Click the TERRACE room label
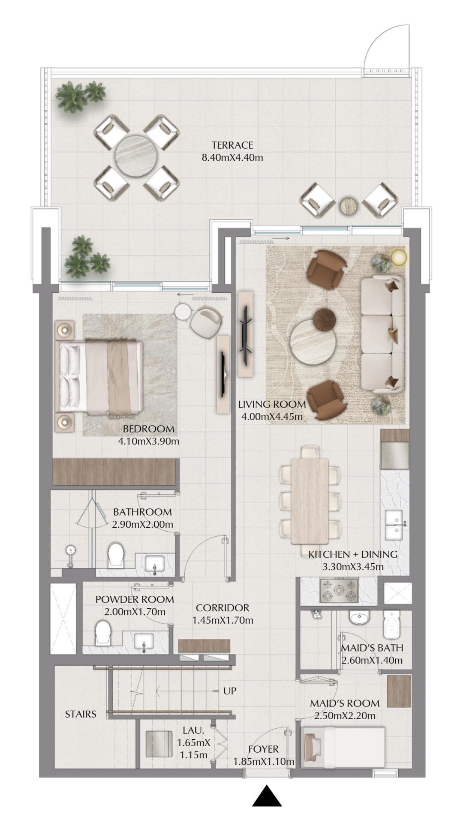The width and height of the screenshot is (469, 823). pyautogui.click(x=232, y=145)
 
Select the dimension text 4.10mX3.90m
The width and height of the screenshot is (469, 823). pyautogui.click(x=148, y=441)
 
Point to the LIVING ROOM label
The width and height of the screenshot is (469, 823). pyautogui.click(x=272, y=404)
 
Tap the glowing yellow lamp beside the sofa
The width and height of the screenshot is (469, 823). pyautogui.click(x=399, y=258)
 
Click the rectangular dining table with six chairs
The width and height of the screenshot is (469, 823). pyautogui.click(x=310, y=500)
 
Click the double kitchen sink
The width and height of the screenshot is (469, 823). pyautogui.click(x=394, y=525)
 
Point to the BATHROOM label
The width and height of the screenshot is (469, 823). pyautogui.click(x=142, y=512)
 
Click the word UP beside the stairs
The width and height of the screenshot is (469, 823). pyautogui.click(x=230, y=691)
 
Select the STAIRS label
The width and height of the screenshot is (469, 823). pyautogui.click(x=81, y=714)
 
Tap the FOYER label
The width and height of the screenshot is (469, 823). pyautogui.click(x=263, y=749)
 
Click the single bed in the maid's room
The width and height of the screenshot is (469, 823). pyautogui.click(x=343, y=747)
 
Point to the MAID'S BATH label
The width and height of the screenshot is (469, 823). pyautogui.click(x=372, y=648)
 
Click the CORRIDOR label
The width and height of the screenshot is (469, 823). pyautogui.click(x=222, y=607)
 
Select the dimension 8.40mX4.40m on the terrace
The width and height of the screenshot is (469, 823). pyautogui.click(x=232, y=157)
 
